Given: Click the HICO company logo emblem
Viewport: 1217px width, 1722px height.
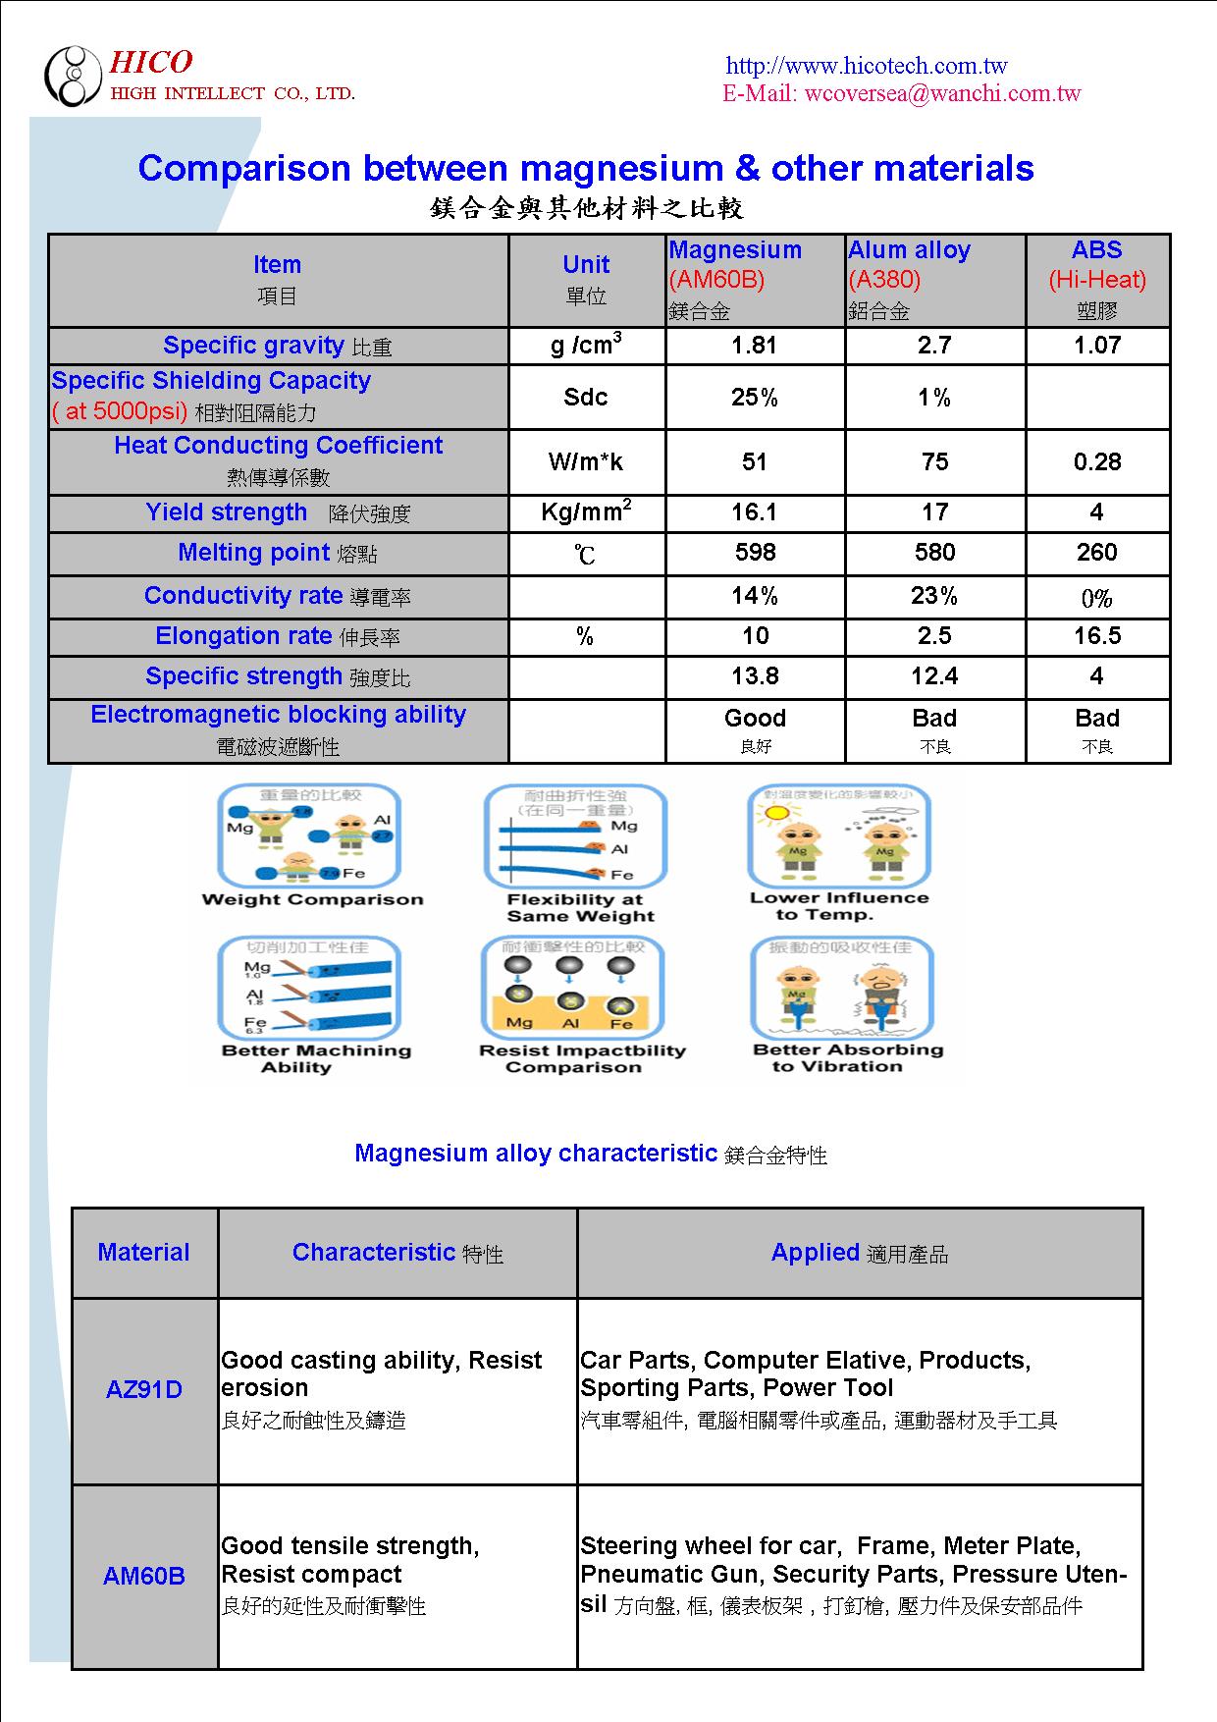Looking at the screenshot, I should [x=73, y=76].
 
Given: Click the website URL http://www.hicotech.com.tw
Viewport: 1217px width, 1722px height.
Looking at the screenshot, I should [x=866, y=66].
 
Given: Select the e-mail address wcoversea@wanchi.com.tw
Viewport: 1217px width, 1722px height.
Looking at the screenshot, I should [x=942, y=93].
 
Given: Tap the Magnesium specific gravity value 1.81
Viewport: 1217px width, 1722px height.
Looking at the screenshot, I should [x=755, y=346].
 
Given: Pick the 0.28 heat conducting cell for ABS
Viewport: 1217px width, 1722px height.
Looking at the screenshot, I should [x=1097, y=461].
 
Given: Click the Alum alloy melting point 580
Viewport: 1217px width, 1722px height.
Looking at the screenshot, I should [x=934, y=553].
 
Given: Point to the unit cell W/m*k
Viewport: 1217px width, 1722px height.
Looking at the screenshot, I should [x=586, y=461].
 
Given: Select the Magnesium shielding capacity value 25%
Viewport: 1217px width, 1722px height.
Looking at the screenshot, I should [x=755, y=398].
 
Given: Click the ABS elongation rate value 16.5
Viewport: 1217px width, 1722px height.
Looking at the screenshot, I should [x=1097, y=636].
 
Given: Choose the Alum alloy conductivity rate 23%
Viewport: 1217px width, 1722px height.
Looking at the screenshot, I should [x=934, y=596].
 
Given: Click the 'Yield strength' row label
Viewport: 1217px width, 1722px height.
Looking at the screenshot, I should [x=227, y=512].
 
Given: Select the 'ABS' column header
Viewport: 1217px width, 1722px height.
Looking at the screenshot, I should [x=1097, y=250].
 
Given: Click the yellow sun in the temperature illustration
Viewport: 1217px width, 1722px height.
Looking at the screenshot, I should [x=776, y=813].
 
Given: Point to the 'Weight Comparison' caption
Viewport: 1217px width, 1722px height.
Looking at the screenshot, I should [x=312, y=899].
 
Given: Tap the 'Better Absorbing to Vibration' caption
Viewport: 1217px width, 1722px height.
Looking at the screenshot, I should [x=847, y=1057].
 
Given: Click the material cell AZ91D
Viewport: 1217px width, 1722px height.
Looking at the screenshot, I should [x=144, y=1390].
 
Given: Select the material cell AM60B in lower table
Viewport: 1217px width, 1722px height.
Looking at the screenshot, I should [x=144, y=1576].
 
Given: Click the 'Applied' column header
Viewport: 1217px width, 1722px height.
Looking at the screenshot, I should [x=816, y=1253].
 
